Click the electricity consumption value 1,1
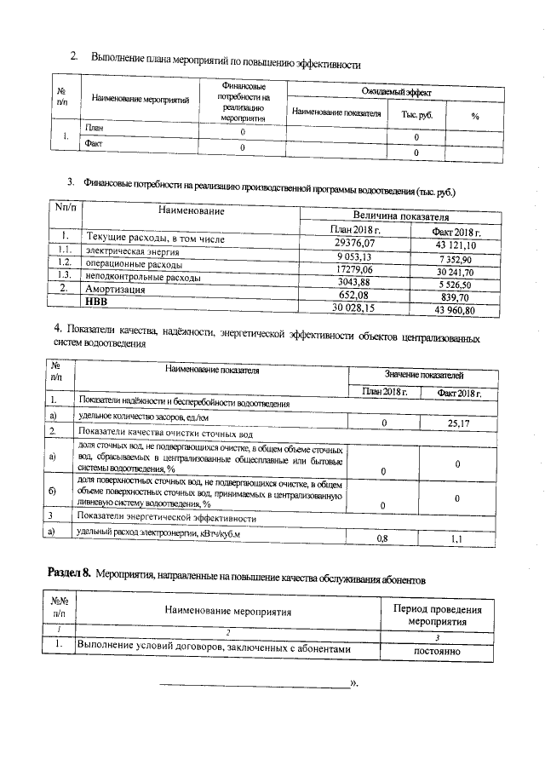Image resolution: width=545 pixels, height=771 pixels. click(456, 539)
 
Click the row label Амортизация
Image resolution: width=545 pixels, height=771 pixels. click(115, 290)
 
